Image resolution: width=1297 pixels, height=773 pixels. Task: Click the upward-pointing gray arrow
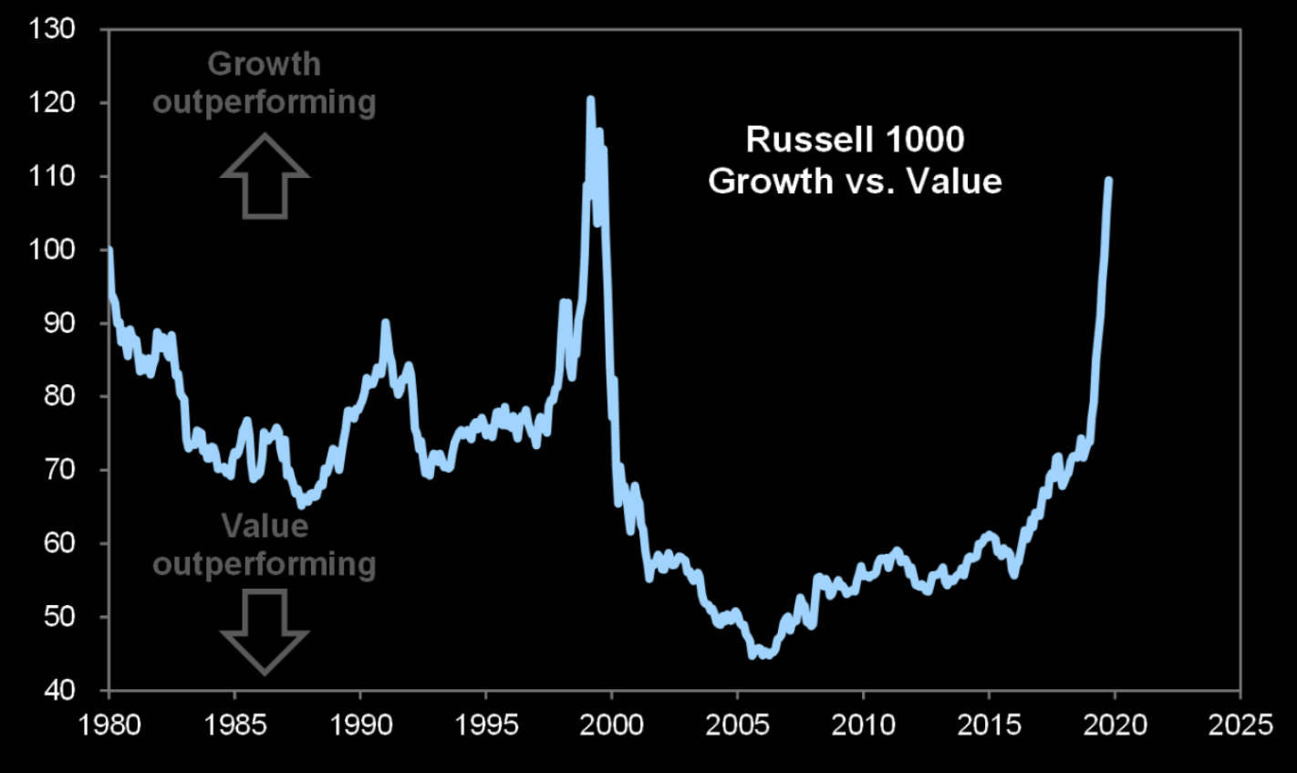265,176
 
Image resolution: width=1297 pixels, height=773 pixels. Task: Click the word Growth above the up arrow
265,64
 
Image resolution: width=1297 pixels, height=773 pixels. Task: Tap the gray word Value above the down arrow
265,526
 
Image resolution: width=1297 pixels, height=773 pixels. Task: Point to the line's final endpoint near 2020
1108,180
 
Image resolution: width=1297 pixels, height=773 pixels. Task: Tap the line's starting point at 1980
109,249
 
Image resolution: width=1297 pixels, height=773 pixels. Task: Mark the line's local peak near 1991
385,322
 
